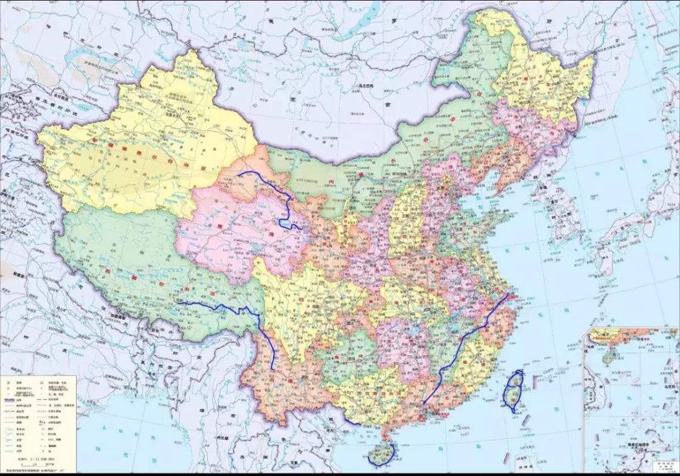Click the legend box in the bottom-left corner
pyautogui.click(x=38, y=416)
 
